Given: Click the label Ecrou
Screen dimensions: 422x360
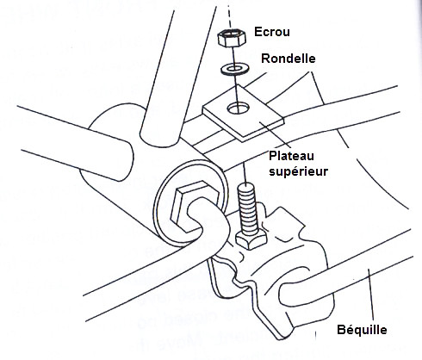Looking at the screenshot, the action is (272, 32).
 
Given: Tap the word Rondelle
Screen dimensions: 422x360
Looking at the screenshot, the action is (289, 59).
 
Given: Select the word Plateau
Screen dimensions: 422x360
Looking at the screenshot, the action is (291, 156).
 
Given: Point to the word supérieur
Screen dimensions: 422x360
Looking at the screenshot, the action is (298, 171).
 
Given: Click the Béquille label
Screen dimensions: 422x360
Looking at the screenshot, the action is (362, 330).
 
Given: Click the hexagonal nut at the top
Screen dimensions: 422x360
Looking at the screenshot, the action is (232, 39).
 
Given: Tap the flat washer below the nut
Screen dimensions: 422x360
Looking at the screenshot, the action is (235, 70).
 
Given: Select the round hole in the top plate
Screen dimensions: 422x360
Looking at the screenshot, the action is (239, 108).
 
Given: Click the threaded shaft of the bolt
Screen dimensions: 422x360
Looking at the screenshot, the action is (246, 208).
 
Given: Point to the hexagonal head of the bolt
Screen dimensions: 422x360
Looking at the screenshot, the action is (251, 239).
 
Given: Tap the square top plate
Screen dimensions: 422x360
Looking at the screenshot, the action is (243, 114).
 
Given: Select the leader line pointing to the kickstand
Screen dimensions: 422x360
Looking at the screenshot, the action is (371, 295).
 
